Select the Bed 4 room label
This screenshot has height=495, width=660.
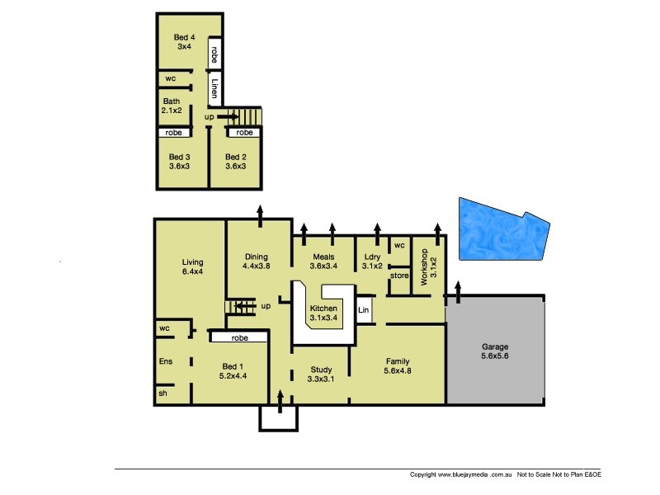(184, 42)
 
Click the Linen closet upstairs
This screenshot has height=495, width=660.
(214, 88)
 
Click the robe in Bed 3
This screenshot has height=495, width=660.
(174, 133)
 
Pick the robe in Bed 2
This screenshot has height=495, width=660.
(244, 133)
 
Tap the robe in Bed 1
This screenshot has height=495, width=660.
(240, 337)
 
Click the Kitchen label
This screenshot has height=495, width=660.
(323, 313)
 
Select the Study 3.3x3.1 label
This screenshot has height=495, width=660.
(321, 375)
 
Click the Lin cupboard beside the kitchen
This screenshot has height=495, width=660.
(362, 310)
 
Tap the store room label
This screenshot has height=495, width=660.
(399, 275)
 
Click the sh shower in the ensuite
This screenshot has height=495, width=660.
(162, 394)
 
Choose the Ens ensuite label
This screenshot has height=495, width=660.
(164, 361)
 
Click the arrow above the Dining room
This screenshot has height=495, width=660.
(261, 213)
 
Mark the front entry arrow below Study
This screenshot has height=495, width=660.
(280, 402)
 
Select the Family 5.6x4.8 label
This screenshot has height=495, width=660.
(398, 366)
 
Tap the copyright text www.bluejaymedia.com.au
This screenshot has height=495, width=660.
(462, 475)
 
